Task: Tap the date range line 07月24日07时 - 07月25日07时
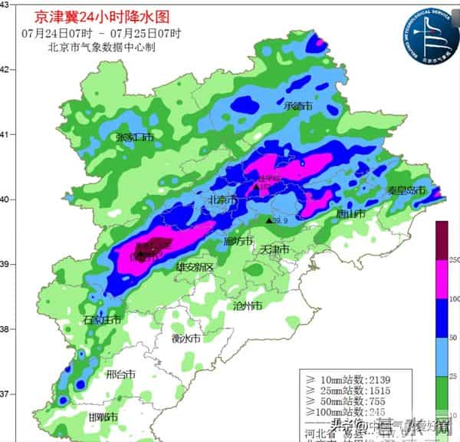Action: pos(101,33)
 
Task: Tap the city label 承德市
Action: pos(297,107)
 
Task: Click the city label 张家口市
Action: pos(134,137)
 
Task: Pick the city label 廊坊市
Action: pos(238,241)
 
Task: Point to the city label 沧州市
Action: pos(248,305)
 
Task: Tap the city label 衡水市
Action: pos(186,338)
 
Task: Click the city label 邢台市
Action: pos(120,375)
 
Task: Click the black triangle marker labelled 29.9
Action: pos(268,221)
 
